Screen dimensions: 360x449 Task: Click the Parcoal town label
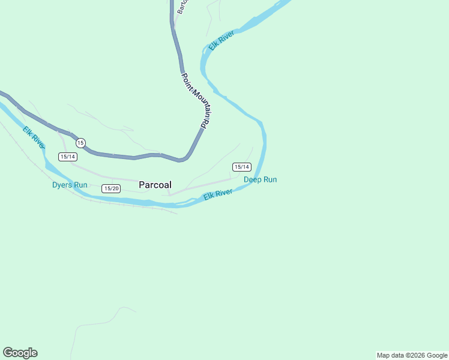155,185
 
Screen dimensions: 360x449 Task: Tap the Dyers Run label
70,185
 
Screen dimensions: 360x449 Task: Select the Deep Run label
260,179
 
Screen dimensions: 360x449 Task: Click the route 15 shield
80,143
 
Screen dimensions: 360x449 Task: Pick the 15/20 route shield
111,188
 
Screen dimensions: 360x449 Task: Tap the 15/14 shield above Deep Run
242,167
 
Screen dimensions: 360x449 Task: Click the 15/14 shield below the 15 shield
68,157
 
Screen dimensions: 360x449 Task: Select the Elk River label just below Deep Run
218,195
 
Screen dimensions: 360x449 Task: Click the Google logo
20,353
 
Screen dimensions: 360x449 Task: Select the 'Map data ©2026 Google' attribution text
412,355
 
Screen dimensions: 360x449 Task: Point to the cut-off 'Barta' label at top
181,7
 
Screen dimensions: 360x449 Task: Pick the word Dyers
62,185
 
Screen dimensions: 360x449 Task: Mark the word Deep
253,179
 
